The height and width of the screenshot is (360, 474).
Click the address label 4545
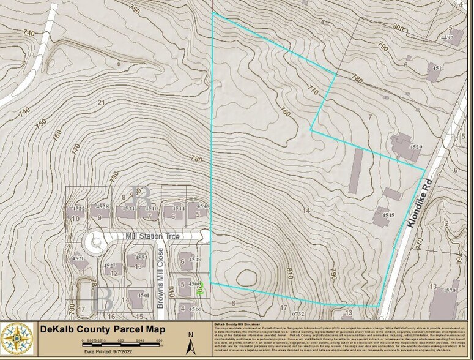(387, 216)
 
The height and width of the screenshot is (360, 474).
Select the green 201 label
(199, 291)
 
